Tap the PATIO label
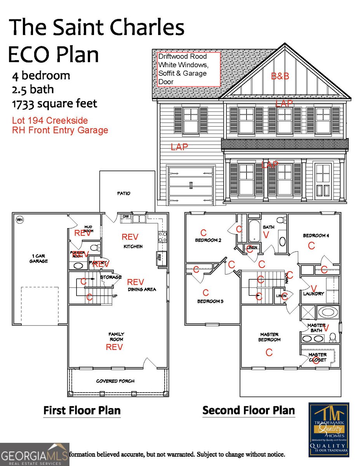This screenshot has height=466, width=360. click(124, 193)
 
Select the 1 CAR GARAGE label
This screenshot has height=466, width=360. click(39, 259)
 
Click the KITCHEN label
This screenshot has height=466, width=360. click(133, 247)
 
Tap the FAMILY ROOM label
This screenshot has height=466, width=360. click(116, 337)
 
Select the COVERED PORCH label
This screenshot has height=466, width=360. click(115, 381)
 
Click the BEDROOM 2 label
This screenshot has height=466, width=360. click(208, 240)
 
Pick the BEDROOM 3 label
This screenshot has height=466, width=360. click(210, 301)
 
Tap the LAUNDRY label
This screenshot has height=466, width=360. click(313, 294)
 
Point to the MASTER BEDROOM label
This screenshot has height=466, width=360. click(270, 337)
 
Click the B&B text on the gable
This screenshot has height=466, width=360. click(280, 77)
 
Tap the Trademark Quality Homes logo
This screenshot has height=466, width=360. click(329, 429)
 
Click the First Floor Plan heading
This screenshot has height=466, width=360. click(82, 410)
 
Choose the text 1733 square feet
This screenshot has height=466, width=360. click(54, 104)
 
